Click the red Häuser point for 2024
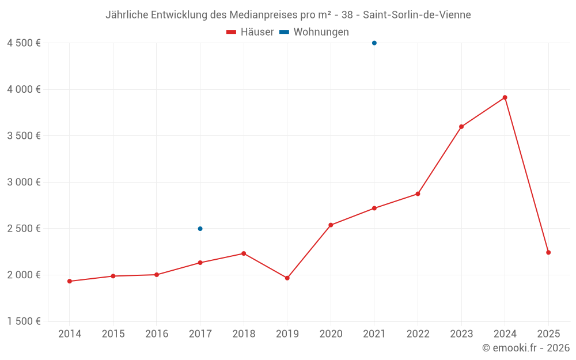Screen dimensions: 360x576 tap(505, 97)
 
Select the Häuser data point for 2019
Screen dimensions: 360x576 tap(287, 278)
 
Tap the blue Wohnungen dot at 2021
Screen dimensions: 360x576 tap(374, 43)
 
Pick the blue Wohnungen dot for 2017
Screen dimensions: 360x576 tap(200, 229)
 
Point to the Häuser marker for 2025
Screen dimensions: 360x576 tap(548, 252)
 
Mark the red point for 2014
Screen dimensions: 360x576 tap(70, 281)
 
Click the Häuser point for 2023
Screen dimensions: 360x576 tap(461, 127)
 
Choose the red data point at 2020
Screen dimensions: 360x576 tap(331, 225)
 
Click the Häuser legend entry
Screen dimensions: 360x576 tap(250, 32)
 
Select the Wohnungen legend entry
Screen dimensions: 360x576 tap(314, 32)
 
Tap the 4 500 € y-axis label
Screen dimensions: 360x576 tap(24, 43)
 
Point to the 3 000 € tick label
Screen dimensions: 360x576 tap(24, 182)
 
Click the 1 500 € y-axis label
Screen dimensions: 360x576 tap(24, 321)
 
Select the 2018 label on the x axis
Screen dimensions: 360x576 tap(244, 334)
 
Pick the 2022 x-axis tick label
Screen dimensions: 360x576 tap(418, 334)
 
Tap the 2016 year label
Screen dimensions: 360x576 tap(157, 334)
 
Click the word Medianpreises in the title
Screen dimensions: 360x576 tap(265, 15)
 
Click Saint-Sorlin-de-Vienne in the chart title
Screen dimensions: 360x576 tap(416, 15)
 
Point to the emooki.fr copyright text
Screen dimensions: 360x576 tap(525, 348)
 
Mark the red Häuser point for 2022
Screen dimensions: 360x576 tap(418, 194)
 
